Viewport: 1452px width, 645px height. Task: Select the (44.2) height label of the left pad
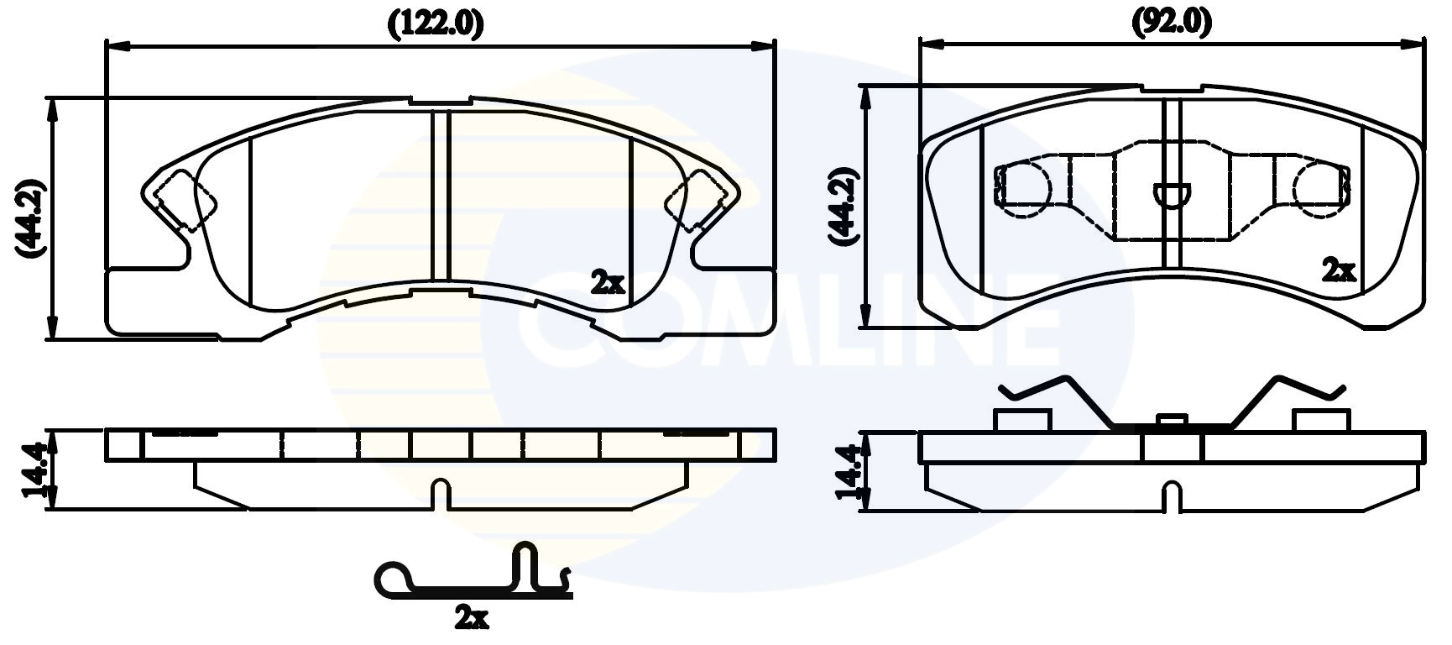[30, 218]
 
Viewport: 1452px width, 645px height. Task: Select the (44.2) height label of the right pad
[844, 207]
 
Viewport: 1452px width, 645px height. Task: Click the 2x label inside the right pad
[1339, 270]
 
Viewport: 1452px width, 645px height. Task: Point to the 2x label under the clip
[471, 619]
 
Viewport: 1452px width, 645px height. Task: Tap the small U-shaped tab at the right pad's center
[1173, 194]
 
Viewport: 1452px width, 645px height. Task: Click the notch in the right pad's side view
[1173, 496]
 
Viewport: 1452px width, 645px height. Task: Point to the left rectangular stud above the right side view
[1022, 420]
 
